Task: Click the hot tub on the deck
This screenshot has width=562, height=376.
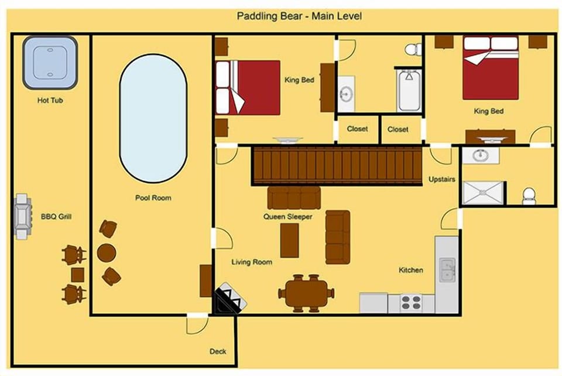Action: [x=50, y=63]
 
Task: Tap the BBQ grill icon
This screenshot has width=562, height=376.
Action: [x=22, y=217]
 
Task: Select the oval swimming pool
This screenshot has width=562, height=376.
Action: [x=153, y=118]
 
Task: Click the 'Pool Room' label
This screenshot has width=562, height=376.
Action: [x=153, y=198]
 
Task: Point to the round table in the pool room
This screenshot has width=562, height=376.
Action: [x=107, y=252]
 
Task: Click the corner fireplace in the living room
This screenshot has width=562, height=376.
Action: [x=229, y=298]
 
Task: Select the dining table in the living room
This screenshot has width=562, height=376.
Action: [x=306, y=293]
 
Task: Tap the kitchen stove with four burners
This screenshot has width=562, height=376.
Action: [x=411, y=303]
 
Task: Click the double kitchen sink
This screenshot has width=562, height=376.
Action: [x=447, y=270]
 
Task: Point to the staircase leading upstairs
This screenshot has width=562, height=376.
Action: [x=337, y=166]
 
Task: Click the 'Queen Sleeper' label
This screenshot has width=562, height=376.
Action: [x=288, y=217]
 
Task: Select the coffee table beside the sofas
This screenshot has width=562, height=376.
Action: [x=290, y=241]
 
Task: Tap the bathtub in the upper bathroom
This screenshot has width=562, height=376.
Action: [x=409, y=91]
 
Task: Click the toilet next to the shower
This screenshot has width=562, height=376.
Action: [x=529, y=196]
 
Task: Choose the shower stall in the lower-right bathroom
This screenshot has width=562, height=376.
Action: [x=483, y=193]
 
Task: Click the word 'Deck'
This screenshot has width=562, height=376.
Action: [x=218, y=351]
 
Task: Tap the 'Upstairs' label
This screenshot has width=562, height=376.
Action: [x=442, y=179]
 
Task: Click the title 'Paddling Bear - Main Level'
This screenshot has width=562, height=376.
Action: [x=299, y=16]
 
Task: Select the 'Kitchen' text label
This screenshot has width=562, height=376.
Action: [x=411, y=270]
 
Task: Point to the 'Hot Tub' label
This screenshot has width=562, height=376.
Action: [x=50, y=100]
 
